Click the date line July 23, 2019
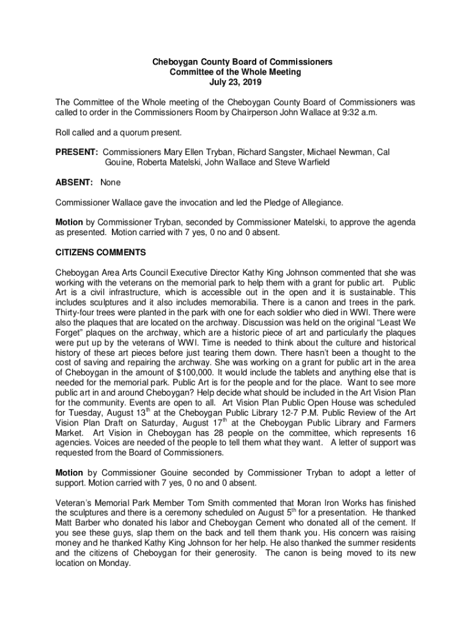pyautogui.click(x=235, y=82)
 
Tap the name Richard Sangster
pyautogui.click(x=272, y=151)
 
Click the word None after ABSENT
pyautogui.click(x=111, y=182)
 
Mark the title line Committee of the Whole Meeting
pyautogui.click(x=235, y=72)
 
